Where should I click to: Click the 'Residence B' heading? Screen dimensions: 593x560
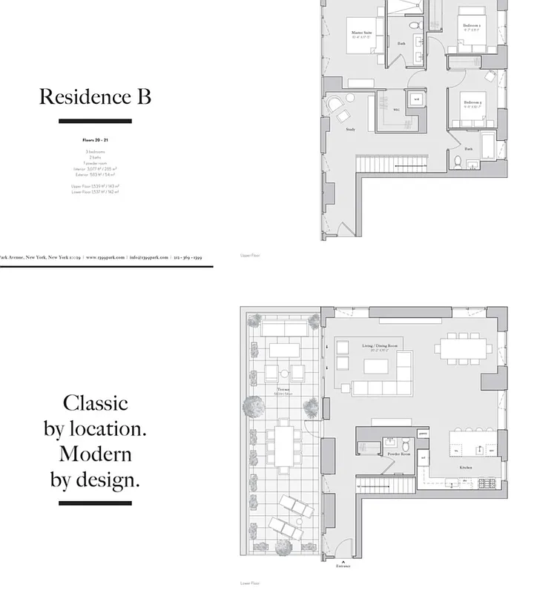95,96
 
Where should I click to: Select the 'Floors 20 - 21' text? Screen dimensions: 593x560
95,139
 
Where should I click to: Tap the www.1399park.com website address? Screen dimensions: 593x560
105,257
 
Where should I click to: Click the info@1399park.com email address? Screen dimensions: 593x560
148,257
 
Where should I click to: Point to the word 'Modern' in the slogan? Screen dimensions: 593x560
95,454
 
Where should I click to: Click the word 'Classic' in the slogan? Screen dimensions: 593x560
95,402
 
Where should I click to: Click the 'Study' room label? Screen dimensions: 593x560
350,130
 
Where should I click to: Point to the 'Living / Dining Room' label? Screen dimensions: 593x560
380,346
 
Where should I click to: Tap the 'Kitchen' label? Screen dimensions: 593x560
465,468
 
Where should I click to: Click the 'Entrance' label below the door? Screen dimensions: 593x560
342,566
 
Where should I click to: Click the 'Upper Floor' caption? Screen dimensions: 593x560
249,255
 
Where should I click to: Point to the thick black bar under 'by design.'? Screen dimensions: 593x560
95,503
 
